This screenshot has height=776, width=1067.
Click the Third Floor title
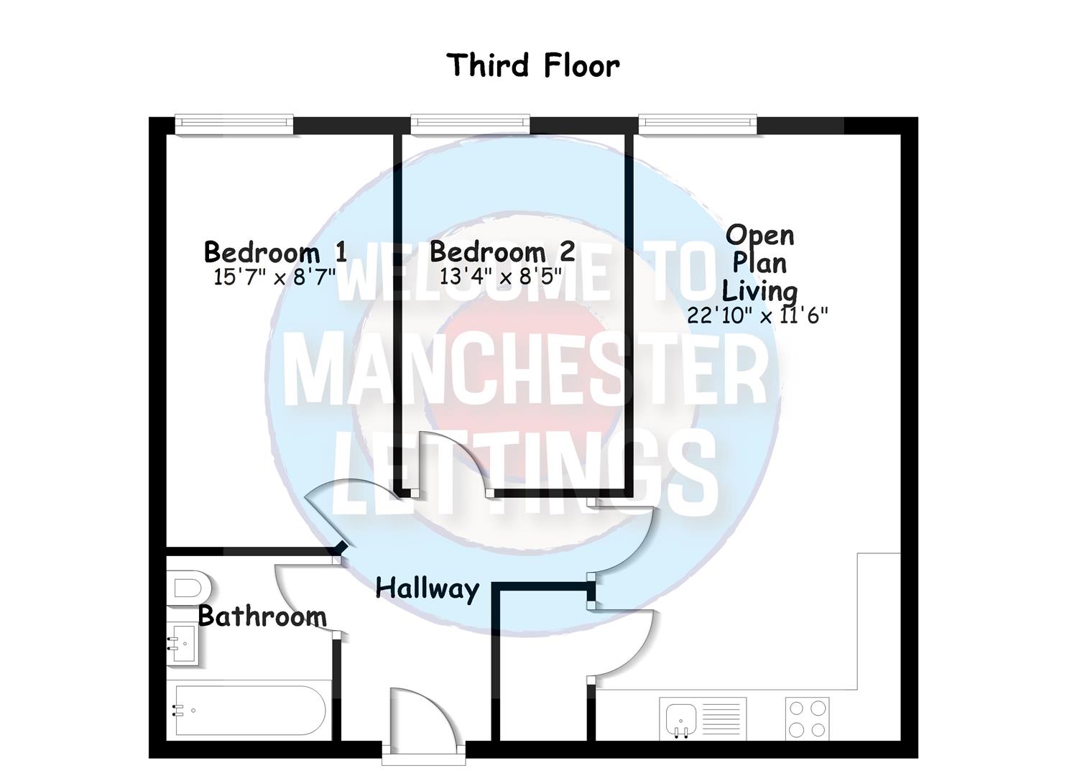pyautogui.click(x=532, y=65)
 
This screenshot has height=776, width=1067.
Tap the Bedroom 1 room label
pyautogui.click(x=275, y=252)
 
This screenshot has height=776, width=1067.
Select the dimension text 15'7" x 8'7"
pyautogui.click(x=274, y=277)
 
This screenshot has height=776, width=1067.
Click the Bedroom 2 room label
pyautogui.click(x=502, y=252)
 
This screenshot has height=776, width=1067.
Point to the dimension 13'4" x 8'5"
pyautogui.click(x=500, y=277)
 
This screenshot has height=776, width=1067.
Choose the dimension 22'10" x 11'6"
pyautogui.click(x=757, y=315)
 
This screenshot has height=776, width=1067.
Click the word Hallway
pyautogui.click(x=427, y=588)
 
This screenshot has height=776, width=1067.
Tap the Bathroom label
pyautogui.click(x=262, y=616)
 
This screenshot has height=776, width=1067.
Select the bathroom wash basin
pyautogui.click(x=183, y=644)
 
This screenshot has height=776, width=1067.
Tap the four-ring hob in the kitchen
pyautogui.click(x=806, y=719)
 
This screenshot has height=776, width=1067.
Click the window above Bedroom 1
pyautogui.click(x=234, y=125)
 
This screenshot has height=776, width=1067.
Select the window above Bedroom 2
pyautogui.click(x=470, y=125)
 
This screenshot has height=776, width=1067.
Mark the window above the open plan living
pyautogui.click(x=697, y=125)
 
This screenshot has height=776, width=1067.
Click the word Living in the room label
pyautogui.click(x=759, y=291)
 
